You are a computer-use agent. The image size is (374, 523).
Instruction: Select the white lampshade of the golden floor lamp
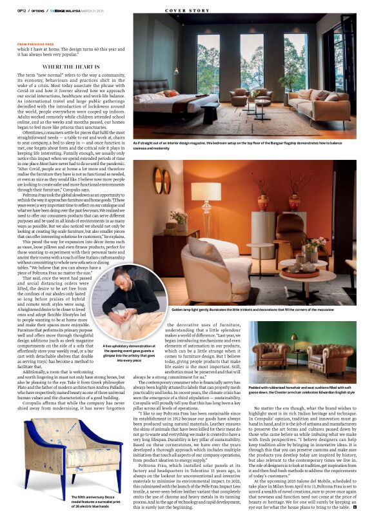(206, 190)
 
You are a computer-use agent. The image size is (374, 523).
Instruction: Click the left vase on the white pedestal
(264, 201)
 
